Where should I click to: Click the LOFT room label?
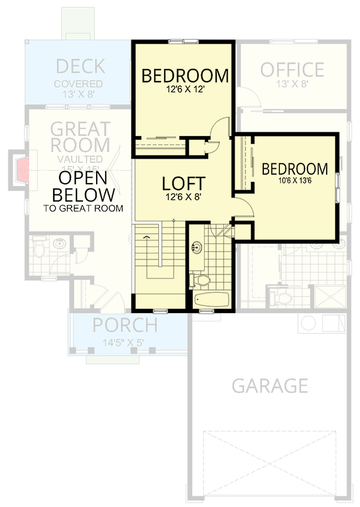coord(184,183)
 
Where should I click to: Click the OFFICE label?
coord(292,70)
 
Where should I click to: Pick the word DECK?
coord(80,66)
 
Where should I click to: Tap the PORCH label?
coord(125,326)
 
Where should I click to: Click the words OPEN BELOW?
coord(83,187)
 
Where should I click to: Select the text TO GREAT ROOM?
coord(83,208)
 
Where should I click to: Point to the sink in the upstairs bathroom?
coord(196,247)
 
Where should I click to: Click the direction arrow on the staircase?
coord(147,238)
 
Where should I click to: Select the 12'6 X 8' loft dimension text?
coord(184,197)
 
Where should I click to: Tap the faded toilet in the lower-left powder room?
coord(38,248)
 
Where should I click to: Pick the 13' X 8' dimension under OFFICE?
coord(292,84)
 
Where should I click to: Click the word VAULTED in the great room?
coord(80,159)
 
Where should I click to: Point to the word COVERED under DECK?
coord(78,84)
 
